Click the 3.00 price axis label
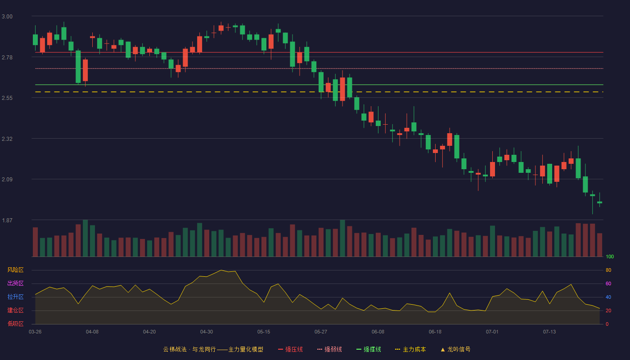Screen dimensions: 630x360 click(x=7, y=17)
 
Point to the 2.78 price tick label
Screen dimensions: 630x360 click(x=7, y=58)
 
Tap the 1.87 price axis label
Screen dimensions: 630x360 click(x=7, y=220)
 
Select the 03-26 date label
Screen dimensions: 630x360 click(x=35, y=332)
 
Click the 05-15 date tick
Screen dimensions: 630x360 click(x=264, y=332)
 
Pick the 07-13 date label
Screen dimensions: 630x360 click(x=549, y=332)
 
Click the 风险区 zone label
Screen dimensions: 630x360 click(x=15, y=270)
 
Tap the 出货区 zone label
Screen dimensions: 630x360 click(x=15, y=283)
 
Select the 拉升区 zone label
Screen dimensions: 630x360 click(x=15, y=297)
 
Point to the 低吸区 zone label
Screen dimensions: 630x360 click(x=15, y=324)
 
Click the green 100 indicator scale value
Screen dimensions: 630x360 click(x=610, y=256)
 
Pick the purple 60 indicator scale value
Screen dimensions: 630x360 click(x=608, y=283)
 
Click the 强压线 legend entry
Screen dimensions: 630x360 click(x=290, y=349)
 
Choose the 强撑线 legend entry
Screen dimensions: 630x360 click(x=369, y=349)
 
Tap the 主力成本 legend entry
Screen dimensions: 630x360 click(x=410, y=349)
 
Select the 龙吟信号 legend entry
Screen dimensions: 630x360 click(x=455, y=349)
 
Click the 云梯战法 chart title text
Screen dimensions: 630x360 click(x=175, y=349)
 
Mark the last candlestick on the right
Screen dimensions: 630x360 click(x=599, y=202)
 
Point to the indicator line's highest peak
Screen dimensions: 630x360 click(x=221, y=270)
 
